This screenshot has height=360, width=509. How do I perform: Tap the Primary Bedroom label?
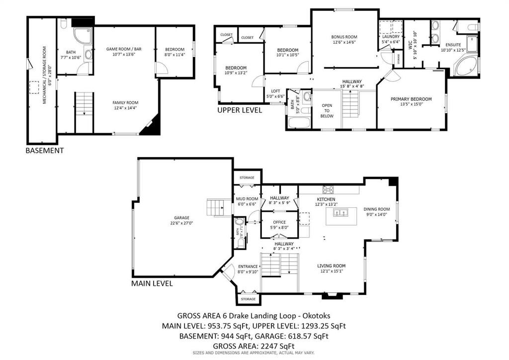coord(411,99)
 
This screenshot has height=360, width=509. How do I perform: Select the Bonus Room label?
coord(344,37)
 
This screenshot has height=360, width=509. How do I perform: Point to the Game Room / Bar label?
coord(124,49)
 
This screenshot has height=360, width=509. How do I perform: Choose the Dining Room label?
coord(376,209)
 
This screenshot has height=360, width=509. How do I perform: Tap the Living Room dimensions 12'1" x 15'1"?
coord(331,271)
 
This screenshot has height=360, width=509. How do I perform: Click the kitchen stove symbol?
coord(328,189)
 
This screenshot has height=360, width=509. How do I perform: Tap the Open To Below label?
coord(327,110)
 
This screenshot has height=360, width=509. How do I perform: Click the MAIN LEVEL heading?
coord(152,283)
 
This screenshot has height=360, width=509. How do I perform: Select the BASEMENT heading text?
coord(44,150)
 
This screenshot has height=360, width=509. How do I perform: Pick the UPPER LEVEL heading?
coord(239,110)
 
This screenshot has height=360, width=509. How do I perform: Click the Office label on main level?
coord(279,222)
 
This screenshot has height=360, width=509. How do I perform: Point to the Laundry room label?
coord(391,37)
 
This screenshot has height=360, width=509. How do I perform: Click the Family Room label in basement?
coord(125,102)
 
